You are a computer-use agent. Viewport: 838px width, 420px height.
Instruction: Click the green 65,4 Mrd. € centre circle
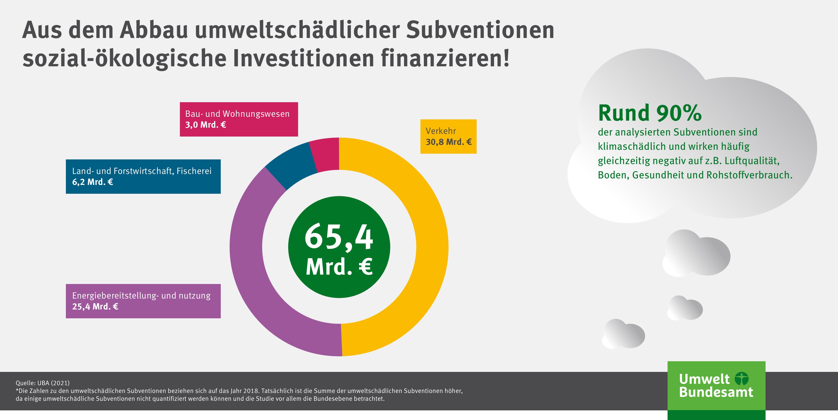[339, 247]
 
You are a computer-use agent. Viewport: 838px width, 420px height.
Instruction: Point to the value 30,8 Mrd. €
[448, 142]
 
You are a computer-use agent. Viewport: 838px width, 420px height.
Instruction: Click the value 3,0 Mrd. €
[205, 125]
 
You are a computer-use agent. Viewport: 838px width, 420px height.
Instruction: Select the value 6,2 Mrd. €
[92, 182]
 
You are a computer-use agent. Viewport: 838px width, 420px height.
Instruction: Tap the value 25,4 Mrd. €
[95, 307]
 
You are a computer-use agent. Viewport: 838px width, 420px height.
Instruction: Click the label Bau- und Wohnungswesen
[237, 114]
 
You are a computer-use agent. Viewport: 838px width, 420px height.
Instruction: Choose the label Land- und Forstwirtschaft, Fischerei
[142, 171]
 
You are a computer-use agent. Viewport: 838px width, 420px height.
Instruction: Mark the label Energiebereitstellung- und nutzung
[141, 295]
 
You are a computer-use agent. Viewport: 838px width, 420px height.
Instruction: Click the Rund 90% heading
[650, 113]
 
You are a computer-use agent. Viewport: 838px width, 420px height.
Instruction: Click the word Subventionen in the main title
[480, 30]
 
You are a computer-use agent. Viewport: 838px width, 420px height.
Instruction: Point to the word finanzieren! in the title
[445, 59]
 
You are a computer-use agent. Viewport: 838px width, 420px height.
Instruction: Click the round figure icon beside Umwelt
[742, 379]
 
